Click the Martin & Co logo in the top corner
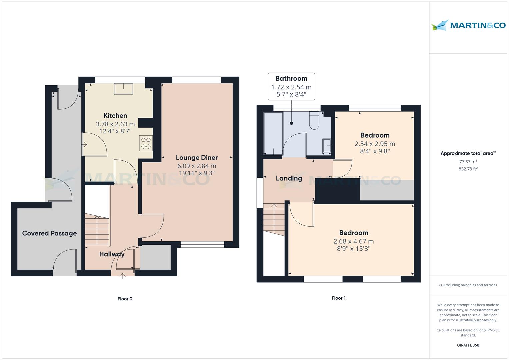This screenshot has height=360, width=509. pos(468,25)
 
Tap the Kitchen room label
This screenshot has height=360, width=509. pos(115,115)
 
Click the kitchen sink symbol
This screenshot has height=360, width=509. pos(124,89)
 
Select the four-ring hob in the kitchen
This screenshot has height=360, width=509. pos(146,143)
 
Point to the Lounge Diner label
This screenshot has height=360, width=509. pos(197,157)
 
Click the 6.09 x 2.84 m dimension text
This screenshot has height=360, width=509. pos(197,166)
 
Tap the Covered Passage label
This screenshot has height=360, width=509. pos(50,233)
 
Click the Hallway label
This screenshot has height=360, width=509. pos(112,254)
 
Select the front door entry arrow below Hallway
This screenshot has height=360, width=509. pos(123,276)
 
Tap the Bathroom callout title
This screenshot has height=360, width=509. pos(291,78)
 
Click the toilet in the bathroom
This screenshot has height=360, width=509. pos(314,120)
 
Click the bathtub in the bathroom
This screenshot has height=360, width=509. pos(273,133)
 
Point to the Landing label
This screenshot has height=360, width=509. pos(289,178)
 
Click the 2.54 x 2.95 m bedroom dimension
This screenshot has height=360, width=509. pos(375,144)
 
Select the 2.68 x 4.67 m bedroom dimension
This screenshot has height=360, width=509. pos(354,241)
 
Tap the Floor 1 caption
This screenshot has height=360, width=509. pos(339,298)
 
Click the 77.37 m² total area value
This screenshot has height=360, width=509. pos(468,162)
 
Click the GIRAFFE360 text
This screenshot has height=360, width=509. pos(468,345)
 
